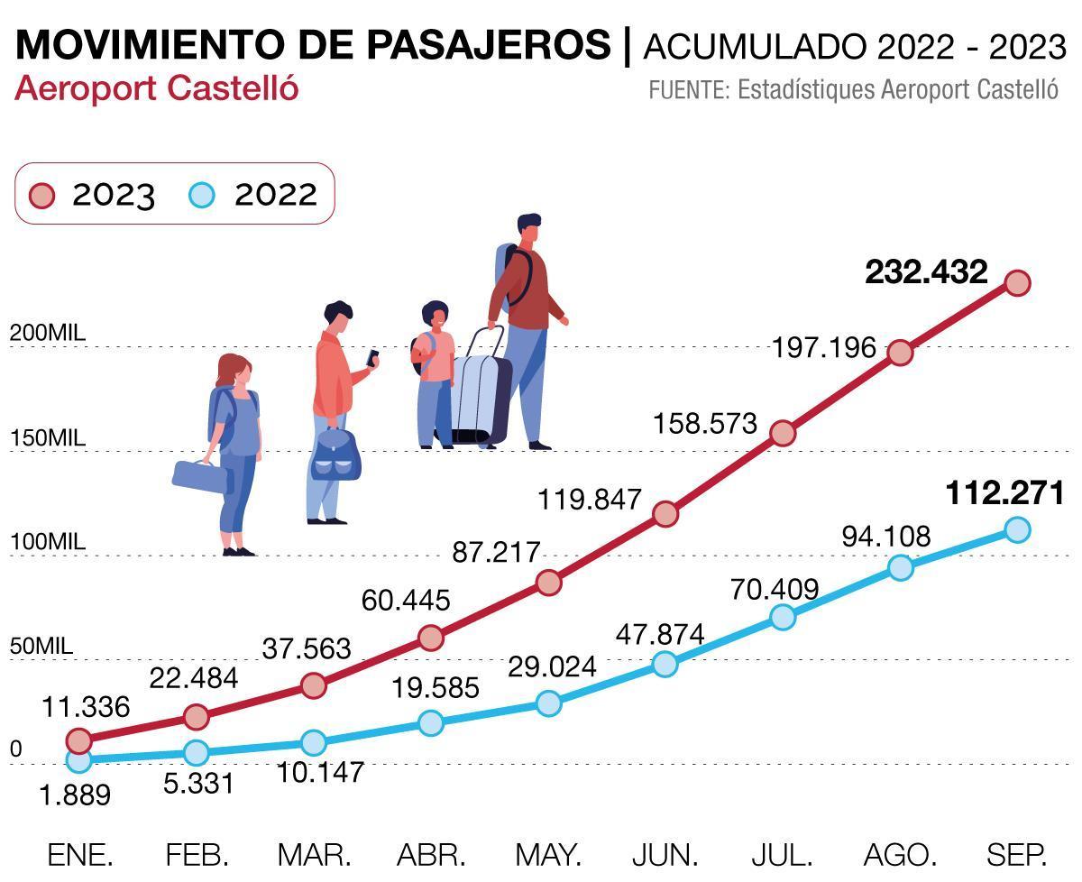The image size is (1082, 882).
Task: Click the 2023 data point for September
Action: (1017, 283)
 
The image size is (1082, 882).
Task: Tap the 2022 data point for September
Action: (1017, 529)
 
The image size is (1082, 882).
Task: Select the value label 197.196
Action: (824, 347)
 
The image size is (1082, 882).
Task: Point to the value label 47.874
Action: (660, 635)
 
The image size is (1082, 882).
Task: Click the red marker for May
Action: (548, 583)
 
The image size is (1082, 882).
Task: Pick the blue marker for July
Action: (783, 617)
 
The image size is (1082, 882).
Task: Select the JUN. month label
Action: (665, 854)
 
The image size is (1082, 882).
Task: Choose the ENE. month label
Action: (80, 854)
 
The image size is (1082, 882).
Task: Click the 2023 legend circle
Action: (42, 195)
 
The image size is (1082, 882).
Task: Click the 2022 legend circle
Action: (204, 195)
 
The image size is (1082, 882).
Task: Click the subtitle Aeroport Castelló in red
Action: (156, 88)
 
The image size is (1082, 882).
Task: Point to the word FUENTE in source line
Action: (688, 90)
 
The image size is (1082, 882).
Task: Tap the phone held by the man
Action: (371, 358)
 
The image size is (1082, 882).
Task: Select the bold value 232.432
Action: (926, 272)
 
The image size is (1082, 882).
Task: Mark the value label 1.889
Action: (76, 795)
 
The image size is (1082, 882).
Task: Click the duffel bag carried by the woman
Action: (200, 476)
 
